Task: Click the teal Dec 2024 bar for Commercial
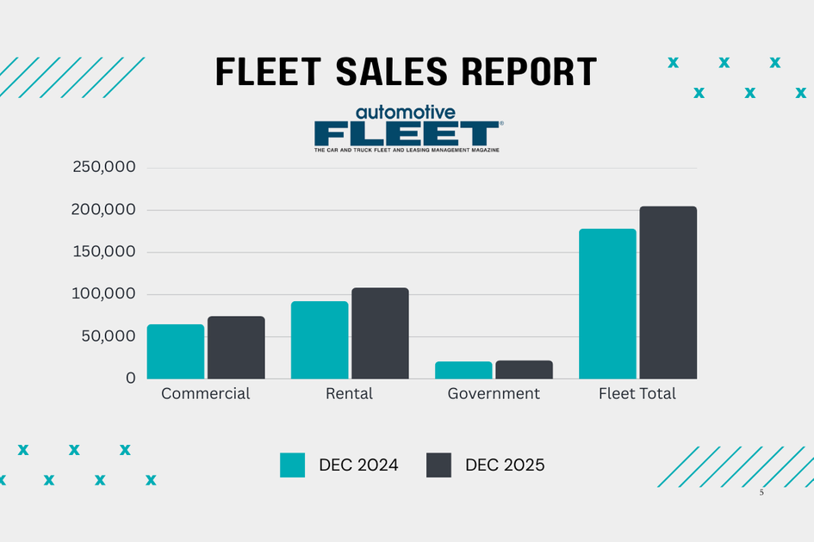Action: pyautogui.click(x=176, y=352)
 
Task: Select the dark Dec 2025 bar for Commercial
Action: pyautogui.click(x=236, y=348)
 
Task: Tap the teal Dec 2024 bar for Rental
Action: pyautogui.click(x=320, y=340)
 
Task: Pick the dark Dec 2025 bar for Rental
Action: pyautogui.click(x=380, y=333)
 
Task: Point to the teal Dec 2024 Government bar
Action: pyautogui.click(x=463, y=370)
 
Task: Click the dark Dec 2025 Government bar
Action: pyautogui.click(x=524, y=370)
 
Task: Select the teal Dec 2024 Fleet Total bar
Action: pyautogui.click(x=607, y=304)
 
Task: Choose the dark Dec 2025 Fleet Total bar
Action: pyautogui.click(x=668, y=293)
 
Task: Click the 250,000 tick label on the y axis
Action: pyautogui.click(x=105, y=168)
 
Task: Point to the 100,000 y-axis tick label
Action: pyautogui.click(x=105, y=294)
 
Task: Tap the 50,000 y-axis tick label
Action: pyautogui.click(x=109, y=336)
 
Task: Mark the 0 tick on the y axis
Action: pyautogui.click(x=130, y=379)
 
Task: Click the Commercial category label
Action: pyautogui.click(x=206, y=394)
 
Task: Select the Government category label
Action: pyautogui.click(x=494, y=394)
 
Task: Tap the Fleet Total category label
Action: pyautogui.click(x=637, y=394)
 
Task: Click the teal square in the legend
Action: pyautogui.click(x=293, y=465)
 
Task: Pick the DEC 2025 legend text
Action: pyautogui.click(x=505, y=465)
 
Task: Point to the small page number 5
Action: pyautogui.click(x=761, y=493)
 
